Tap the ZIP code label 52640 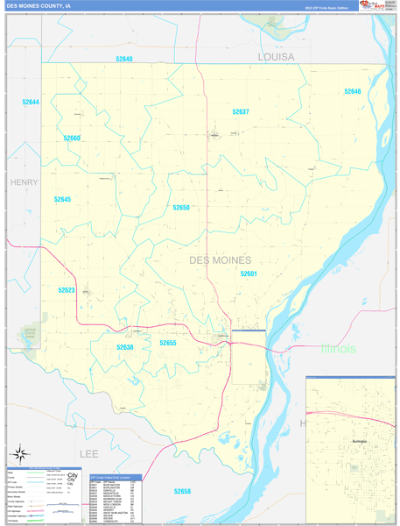[x=124, y=59]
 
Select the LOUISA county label [x=276, y=56]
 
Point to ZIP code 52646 [x=353, y=91]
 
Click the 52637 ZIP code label [x=240, y=111]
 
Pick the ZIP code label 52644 [x=31, y=102]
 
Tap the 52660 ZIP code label [x=72, y=138]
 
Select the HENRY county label [x=25, y=182]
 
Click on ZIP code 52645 [x=62, y=199]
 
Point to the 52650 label [x=181, y=207]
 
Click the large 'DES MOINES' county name [x=220, y=260]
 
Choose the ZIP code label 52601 [x=249, y=274]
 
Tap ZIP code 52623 [x=67, y=290]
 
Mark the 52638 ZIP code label [x=124, y=347]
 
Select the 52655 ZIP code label [x=168, y=343]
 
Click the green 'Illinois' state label [x=338, y=348]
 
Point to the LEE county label [x=89, y=454]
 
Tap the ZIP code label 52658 [x=182, y=491]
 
